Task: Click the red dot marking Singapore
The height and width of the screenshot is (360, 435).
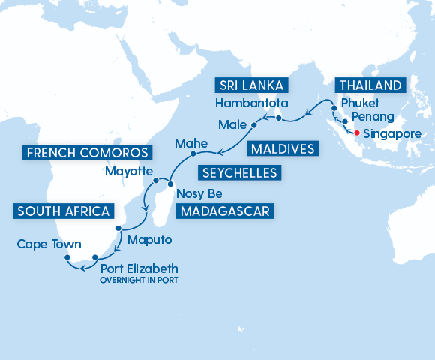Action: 356,133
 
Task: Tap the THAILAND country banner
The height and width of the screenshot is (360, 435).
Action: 370,84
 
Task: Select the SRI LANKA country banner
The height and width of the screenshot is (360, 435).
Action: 253,84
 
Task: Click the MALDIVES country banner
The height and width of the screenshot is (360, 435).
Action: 281,149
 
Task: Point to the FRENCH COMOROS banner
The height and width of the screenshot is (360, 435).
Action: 85,154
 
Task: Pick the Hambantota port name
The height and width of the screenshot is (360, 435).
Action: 251,103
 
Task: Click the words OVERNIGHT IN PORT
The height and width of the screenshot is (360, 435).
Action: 142,280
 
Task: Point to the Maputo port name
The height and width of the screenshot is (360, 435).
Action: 150,241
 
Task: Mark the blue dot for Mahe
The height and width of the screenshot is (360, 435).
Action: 193,154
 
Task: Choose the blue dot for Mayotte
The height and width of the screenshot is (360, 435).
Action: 156,181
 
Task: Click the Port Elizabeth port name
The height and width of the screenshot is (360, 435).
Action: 142,268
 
